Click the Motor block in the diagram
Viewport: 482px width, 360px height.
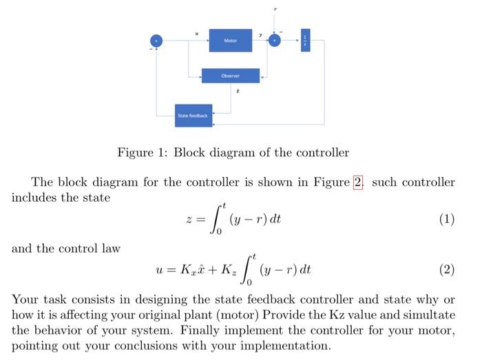click(231, 41)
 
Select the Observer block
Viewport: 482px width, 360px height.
click(231, 76)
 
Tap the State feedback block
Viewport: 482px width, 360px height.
click(193, 116)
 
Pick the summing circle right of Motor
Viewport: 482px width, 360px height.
click(275, 41)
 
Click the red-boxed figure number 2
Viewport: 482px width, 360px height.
click(357, 182)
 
